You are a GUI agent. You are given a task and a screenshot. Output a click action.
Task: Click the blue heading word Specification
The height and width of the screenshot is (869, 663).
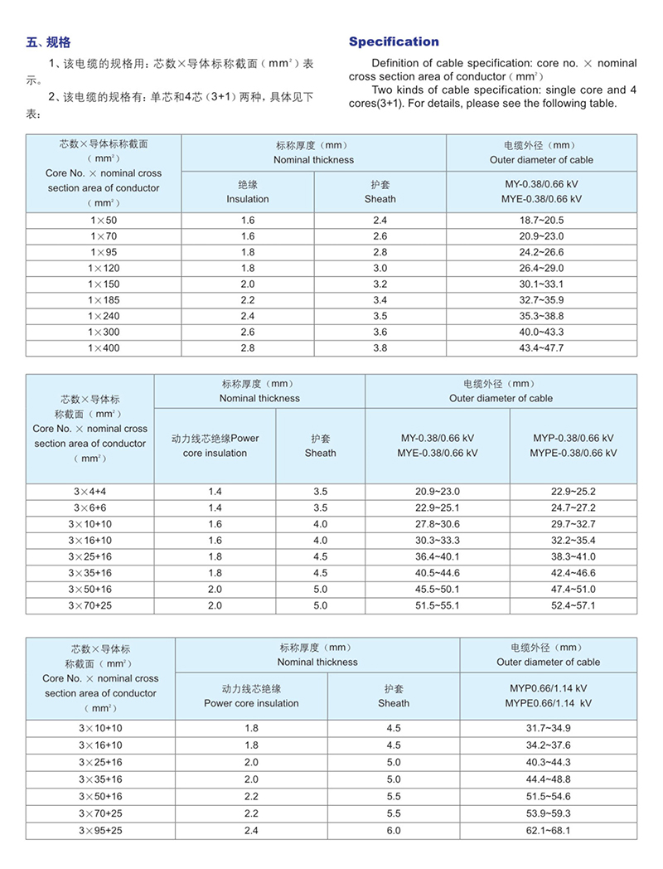tap(394, 41)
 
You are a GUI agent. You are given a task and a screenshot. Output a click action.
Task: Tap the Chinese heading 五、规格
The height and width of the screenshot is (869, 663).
tap(49, 41)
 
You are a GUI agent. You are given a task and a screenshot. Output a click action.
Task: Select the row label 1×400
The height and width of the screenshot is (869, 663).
tap(104, 347)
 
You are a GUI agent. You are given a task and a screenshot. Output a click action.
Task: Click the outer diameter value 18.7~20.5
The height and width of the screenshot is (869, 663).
tap(541, 221)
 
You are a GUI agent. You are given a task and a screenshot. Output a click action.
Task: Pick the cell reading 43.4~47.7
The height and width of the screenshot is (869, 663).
tap(541, 347)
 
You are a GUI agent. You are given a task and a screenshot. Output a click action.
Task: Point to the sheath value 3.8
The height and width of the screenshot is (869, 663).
tap(380, 347)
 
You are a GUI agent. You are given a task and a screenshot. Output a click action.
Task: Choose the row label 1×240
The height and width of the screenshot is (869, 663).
tap(104, 316)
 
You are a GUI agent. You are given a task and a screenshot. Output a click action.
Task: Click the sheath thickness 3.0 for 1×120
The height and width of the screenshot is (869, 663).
tap(380, 269)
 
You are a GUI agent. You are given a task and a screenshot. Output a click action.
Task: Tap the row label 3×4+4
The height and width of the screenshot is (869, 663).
tap(90, 492)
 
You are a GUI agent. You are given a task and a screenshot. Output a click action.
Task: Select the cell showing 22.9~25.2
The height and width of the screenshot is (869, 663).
tap(573, 492)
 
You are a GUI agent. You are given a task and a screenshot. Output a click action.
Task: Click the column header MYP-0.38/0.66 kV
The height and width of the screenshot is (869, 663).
tap(573, 438)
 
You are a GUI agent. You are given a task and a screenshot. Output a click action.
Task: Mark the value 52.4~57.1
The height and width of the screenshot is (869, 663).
tap(573, 606)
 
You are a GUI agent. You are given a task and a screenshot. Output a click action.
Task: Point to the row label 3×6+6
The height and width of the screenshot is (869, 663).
tap(90, 507)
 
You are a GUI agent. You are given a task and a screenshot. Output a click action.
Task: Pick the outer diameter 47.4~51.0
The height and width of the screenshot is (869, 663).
tap(573, 590)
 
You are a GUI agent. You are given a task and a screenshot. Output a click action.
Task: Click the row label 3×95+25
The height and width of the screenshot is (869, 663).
tap(100, 830)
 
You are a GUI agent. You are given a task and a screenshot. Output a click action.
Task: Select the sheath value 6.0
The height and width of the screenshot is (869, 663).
tap(394, 830)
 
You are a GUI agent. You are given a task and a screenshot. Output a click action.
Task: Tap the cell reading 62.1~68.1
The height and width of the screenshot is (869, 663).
tap(548, 830)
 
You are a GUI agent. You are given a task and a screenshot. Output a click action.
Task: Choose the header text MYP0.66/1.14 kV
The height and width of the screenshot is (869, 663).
tap(548, 688)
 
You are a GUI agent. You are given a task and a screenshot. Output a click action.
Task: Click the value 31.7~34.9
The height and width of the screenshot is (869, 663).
tap(548, 728)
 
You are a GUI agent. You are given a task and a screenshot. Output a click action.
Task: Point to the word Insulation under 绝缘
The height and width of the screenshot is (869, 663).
tap(248, 199)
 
